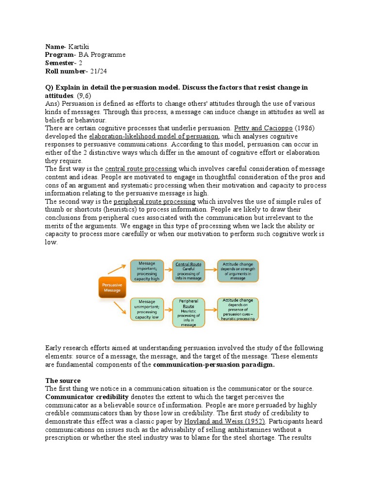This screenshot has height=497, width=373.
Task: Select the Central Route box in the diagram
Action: (x=189, y=271)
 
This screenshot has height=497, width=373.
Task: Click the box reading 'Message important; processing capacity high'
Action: (x=147, y=271)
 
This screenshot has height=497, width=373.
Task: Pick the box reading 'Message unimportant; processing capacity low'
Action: (x=147, y=309)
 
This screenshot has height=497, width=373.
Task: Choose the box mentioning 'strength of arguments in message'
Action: (x=238, y=271)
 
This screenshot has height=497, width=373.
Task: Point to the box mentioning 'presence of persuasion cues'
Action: (x=238, y=309)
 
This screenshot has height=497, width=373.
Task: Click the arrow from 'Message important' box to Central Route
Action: (x=168, y=271)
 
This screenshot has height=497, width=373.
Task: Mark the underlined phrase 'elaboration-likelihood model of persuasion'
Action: (x=153, y=136)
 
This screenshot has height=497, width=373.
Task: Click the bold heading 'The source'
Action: (x=63, y=381)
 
